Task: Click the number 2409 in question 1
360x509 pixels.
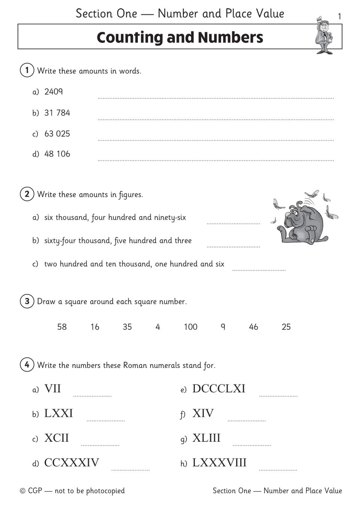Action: click(53, 92)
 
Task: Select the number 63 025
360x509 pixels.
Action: click(57, 134)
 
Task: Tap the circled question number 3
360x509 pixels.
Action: click(27, 301)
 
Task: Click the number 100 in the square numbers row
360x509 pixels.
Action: click(190, 327)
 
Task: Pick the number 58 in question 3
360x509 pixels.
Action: click(62, 327)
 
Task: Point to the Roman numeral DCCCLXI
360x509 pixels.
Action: click(219, 389)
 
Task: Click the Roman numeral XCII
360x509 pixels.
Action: click(57, 438)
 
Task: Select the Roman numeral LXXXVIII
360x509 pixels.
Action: click(220, 463)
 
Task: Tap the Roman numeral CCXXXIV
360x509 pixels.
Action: click(72, 463)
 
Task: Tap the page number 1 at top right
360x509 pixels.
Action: click(339, 16)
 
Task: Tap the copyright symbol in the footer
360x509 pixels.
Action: click(22, 491)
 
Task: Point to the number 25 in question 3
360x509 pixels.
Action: click(286, 327)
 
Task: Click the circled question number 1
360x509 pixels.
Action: click(27, 70)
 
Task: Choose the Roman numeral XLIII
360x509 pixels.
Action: click(206, 438)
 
